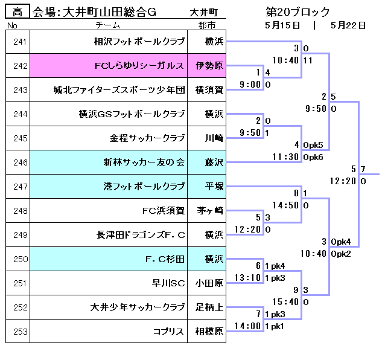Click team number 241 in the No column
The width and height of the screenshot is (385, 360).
tap(17, 42)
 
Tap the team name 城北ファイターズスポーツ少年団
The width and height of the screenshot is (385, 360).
tap(119, 91)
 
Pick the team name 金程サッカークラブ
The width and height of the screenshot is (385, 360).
tap(147, 138)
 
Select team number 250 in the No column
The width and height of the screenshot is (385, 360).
tap(17, 259)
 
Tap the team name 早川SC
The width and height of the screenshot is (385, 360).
tap(168, 283)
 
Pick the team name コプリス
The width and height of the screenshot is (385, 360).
tap(169, 332)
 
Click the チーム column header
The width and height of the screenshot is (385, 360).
tap(108, 25)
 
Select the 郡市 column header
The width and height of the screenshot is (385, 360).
tap(206, 25)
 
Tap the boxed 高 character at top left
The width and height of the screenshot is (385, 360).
tap(17, 11)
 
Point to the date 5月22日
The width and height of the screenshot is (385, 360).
tap(348, 25)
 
